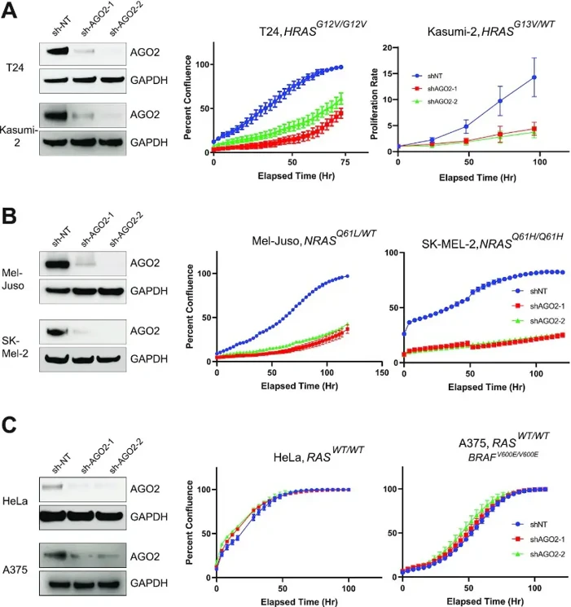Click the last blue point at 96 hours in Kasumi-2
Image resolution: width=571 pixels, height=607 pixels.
[x=534, y=77]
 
